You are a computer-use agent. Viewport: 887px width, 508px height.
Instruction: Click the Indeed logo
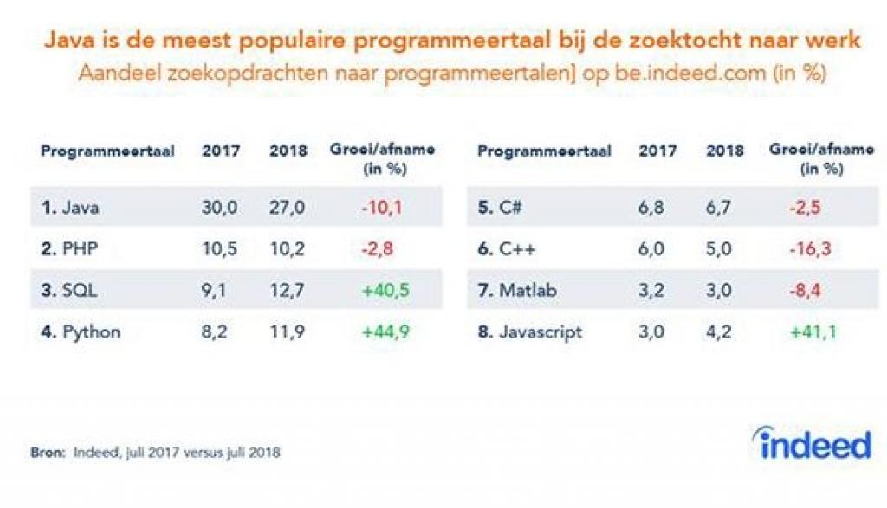tap(812, 443)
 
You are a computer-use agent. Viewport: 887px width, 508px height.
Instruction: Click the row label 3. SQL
tap(68, 291)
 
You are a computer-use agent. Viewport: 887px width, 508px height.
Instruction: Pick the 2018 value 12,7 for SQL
tap(288, 291)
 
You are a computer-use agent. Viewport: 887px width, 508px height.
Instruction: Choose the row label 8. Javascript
tap(530, 332)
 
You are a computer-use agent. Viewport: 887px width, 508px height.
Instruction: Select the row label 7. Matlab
tap(518, 291)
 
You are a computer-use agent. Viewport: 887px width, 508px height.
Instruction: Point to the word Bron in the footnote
tap(47, 452)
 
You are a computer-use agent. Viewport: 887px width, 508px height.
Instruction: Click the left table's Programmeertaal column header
tap(107, 151)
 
